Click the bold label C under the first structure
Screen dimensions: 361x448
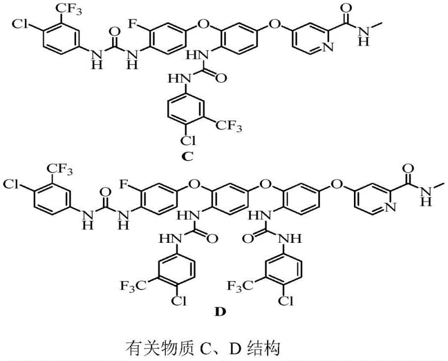click(x=188, y=157)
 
